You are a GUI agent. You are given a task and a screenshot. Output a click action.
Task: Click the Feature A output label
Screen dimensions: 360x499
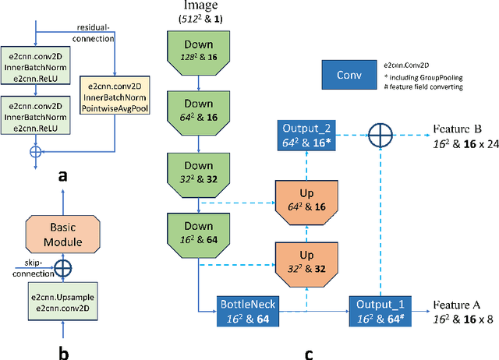[x=460, y=312]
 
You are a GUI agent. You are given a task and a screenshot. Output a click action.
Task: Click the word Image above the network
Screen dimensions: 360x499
[x=198, y=6]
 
